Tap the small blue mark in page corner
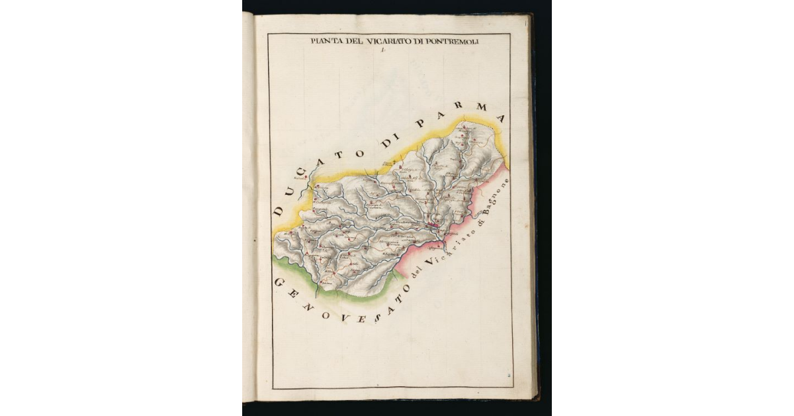click(x=509, y=375)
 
